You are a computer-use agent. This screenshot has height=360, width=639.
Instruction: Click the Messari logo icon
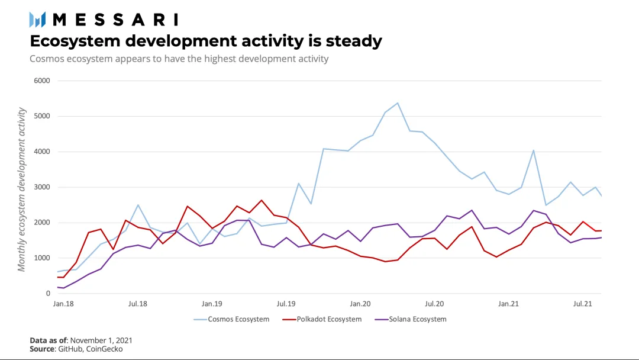pyautogui.click(x=37, y=20)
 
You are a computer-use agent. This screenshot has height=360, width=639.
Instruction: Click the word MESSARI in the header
pyautogui.click(x=116, y=20)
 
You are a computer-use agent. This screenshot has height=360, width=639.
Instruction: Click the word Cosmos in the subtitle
pyautogui.click(x=47, y=59)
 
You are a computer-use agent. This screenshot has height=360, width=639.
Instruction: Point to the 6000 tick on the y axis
pyautogui.click(x=42, y=81)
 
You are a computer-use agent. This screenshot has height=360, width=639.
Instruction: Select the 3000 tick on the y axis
pyautogui.click(x=42, y=187)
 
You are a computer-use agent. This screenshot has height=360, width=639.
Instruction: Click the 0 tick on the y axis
pyautogui.click(x=48, y=294)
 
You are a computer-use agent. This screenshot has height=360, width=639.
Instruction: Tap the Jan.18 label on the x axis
pyautogui.click(x=63, y=304)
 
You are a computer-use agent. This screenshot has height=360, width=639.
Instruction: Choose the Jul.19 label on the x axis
pyautogui.click(x=286, y=304)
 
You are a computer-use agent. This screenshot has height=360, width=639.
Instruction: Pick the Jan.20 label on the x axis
pyautogui.click(x=360, y=304)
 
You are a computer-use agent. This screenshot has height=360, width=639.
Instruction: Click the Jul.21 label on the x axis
pyautogui.click(x=583, y=304)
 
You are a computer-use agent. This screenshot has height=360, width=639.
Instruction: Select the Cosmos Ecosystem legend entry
pyautogui.click(x=231, y=319)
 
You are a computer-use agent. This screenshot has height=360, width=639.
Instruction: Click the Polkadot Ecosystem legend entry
pyautogui.click(x=322, y=319)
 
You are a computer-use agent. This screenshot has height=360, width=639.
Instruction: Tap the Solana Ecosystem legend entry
pyautogui.click(x=411, y=319)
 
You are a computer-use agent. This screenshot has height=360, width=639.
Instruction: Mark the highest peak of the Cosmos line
pyautogui.click(x=398, y=103)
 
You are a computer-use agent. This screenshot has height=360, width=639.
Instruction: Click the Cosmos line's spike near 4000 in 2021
pyautogui.click(x=534, y=150)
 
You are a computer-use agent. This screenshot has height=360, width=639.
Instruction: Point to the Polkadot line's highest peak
pyautogui.click(x=262, y=200)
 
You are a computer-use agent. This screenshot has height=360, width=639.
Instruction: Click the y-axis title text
pyautogui.click(x=21, y=189)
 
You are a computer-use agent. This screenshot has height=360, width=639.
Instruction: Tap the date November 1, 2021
pyautogui.click(x=101, y=340)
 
